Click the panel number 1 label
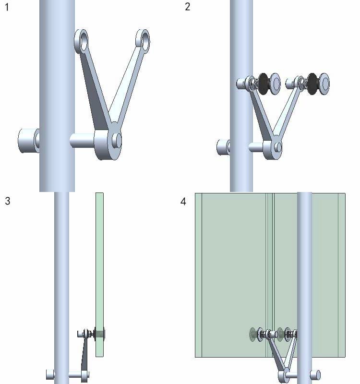(x=7, y=7)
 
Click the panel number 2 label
(x=187, y=6)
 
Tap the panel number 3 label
(x=7, y=201)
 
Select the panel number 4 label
(x=183, y=202)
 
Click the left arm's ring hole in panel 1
(x=83, y=41)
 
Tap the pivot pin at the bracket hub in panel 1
(x=117, y=140)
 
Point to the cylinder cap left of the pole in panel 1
(x=29, y=141)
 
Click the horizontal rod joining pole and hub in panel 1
(x=82, y=140)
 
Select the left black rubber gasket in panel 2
(x=264, y=84)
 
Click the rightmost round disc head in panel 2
(x=325, y=84)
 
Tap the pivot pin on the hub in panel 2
(x=278, y=147)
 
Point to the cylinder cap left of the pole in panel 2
(x=223, y=147)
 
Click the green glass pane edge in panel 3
(x=99, y=275)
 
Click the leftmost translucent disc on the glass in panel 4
(x=253, y=334)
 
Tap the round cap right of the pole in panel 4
(x=315, y=375)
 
